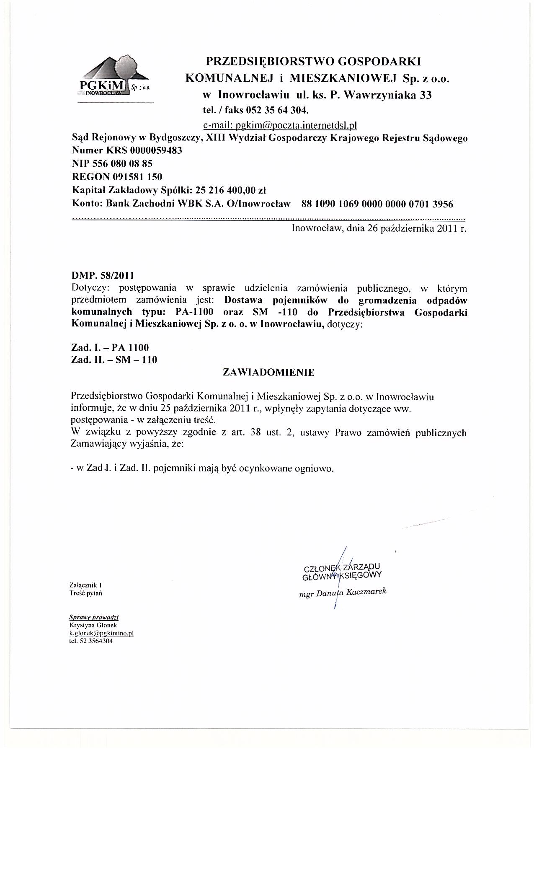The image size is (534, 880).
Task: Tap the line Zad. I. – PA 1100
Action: click(x=110, y=347)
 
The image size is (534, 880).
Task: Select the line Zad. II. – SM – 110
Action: click(x=114, y=360)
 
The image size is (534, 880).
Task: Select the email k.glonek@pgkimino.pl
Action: click(x=101, y=633)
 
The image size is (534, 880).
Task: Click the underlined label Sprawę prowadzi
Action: click(x=94, y=617)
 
